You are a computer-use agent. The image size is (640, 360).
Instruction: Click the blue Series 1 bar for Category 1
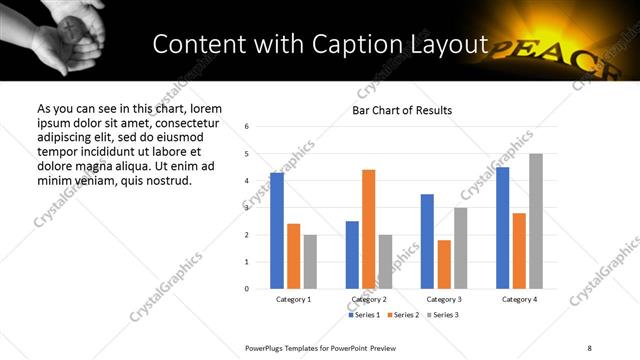tap(277, 230)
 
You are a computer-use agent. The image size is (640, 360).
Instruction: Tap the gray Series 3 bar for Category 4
tap(536, 221)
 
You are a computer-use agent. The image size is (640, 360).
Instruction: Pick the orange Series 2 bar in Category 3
tap(444, 264)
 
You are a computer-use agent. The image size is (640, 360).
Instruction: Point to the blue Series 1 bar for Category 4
tap(502, 228)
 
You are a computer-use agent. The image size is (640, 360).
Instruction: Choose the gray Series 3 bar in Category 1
tap(310, 261)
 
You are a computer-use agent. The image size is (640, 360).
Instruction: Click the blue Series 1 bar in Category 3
tap(427, 241)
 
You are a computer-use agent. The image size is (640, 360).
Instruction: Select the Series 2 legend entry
tap(401, 316)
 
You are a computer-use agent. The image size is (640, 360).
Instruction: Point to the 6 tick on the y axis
tap(247, 127)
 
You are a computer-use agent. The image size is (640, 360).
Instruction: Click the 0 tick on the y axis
tap(247, 289)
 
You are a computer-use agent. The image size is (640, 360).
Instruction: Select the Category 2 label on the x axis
tap(368, 299)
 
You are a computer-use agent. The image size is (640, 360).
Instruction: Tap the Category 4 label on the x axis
tap(519, 299)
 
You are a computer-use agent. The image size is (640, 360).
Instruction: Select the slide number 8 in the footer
tap(589, 347)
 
